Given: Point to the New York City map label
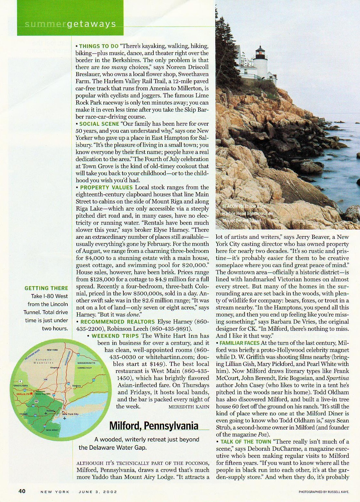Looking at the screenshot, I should point(70,414).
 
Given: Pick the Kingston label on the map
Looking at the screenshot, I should point(56,368).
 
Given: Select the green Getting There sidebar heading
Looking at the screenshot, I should point(46,288).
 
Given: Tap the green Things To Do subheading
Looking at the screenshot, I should point(99,46).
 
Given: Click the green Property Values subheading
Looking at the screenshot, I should point(106,187).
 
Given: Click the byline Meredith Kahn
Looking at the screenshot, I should point(189,407).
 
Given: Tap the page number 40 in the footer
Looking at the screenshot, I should point(22,491).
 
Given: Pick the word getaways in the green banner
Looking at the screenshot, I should point(91,24).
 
